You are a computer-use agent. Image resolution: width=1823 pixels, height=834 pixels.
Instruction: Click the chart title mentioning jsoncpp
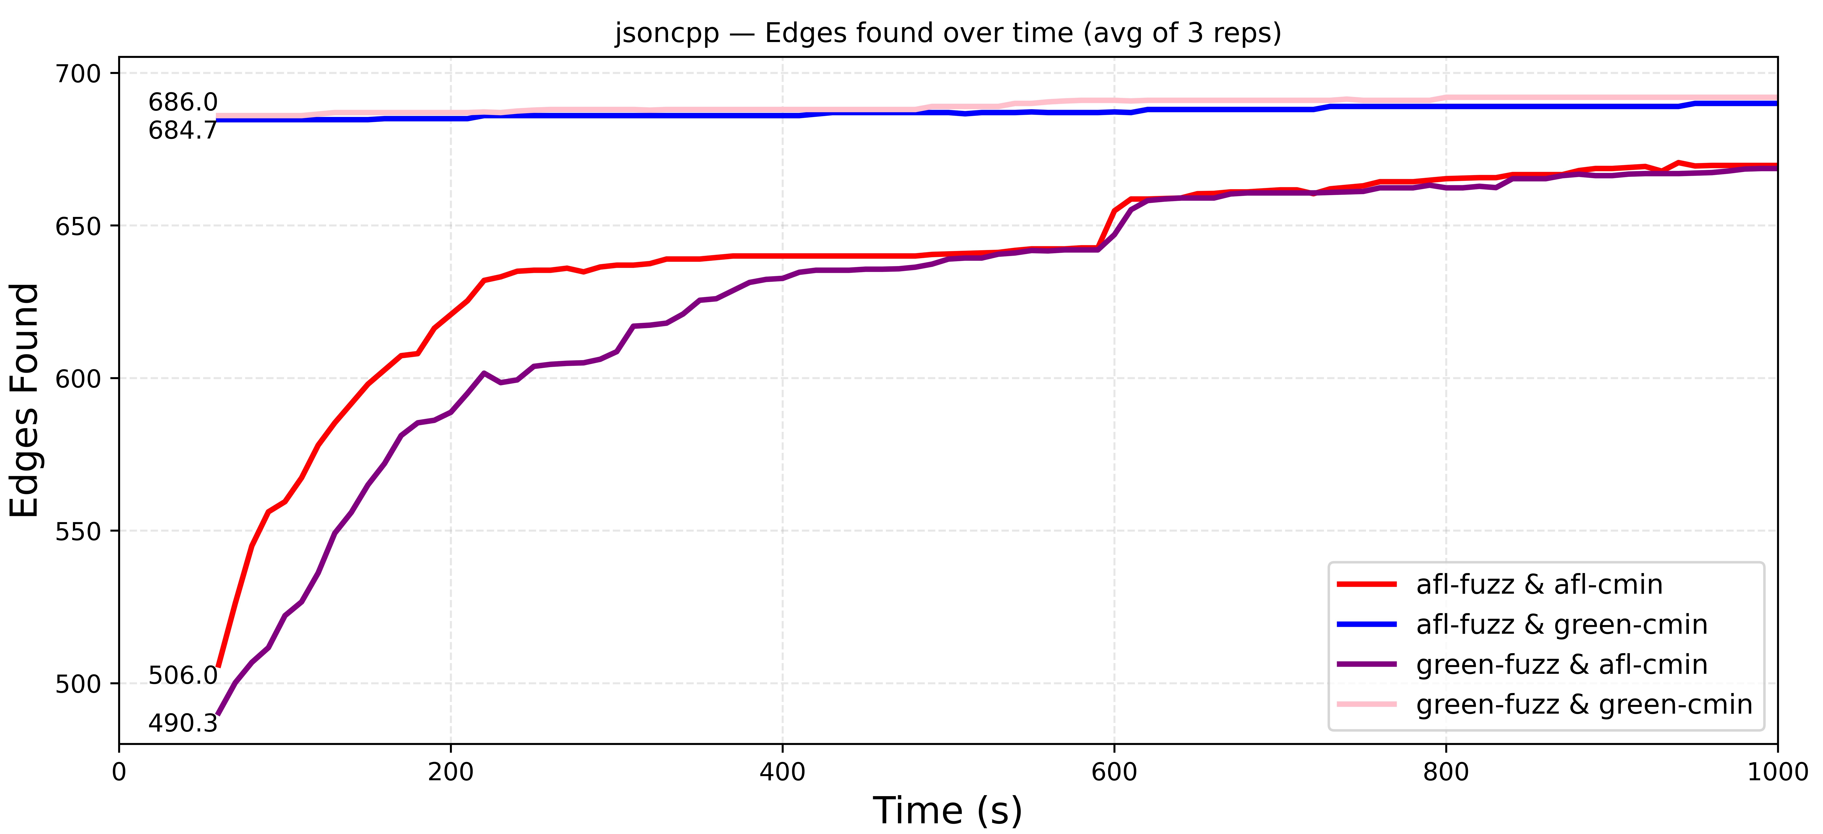[x=948, y=33]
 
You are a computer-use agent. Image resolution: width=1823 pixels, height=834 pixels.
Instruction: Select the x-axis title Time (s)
[x=948, y=810]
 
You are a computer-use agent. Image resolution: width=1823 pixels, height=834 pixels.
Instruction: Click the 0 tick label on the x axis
[x=119, y=772]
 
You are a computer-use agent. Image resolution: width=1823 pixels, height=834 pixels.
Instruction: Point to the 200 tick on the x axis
[x=451, y=772]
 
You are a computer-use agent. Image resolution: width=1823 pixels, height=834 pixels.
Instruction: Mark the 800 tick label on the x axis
[x=1446, y=772]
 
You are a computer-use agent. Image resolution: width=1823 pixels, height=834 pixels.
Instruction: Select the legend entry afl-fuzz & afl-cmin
[x=1539, y=585]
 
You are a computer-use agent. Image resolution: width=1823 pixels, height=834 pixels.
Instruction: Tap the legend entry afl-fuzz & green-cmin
[x=1561, y=624]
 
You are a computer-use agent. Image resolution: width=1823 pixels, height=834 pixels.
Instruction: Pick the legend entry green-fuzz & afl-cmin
[x=1561, y=665]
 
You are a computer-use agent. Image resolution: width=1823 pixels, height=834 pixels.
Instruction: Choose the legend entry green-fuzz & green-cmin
[x=1584, y=705]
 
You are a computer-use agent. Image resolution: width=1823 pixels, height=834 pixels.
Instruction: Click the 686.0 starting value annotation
[x=183, y=103]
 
